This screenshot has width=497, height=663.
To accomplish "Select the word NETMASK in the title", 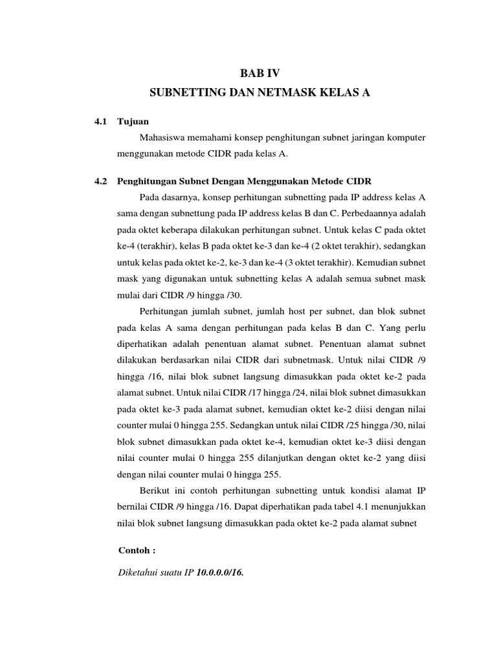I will tap(282, 93).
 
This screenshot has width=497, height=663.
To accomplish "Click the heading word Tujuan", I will tap(133, 121).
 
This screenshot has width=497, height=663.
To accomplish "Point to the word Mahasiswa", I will tap(163, 137).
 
